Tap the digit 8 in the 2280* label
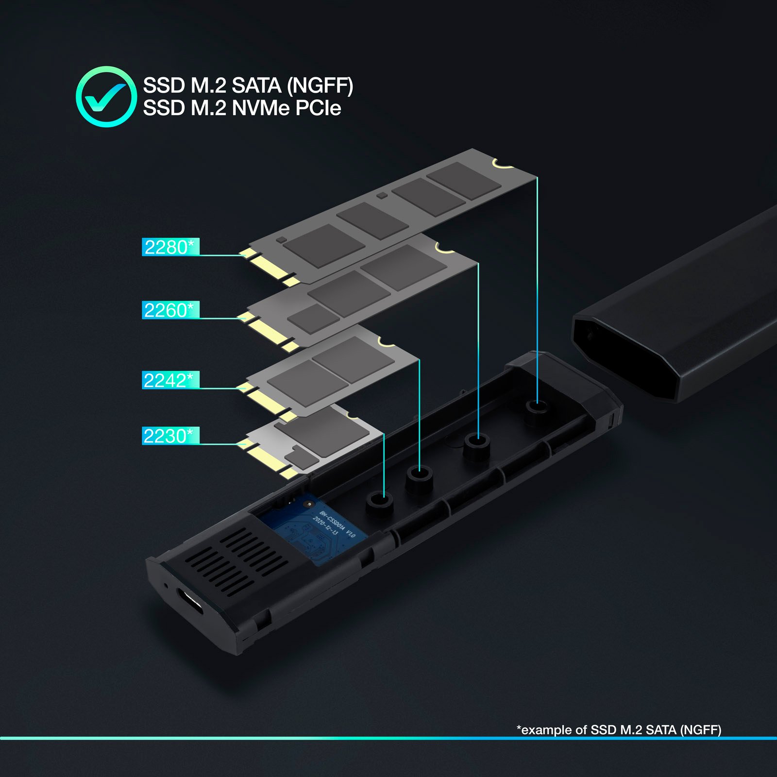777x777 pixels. (172, 247)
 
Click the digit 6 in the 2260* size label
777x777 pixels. (171, 310)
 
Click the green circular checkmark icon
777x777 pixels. (106, 97)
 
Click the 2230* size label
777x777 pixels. (170, 436)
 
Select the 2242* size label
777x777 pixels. (170, 380)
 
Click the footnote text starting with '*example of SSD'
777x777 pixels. (619, 730)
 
